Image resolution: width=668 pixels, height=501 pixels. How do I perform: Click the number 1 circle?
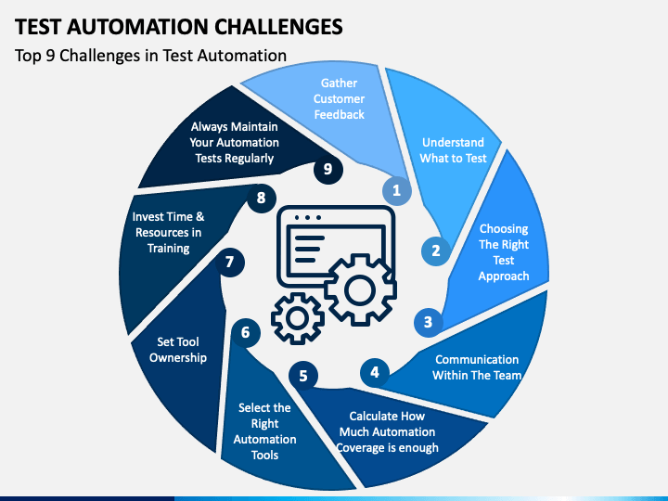click(x=397, y=190)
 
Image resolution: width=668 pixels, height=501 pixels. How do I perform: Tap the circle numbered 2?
click(x=436, y=250)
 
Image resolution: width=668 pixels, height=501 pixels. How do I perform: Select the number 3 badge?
click(x=428, y=322)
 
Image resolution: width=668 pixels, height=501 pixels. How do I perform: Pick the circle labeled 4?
click(x=375, y=372)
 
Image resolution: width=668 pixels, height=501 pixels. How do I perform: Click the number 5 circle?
click(x=303, y=376)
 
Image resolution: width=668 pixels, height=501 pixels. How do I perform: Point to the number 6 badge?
click(x=246, y=332)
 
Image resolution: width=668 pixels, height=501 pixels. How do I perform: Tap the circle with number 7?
click(x=230, y=262)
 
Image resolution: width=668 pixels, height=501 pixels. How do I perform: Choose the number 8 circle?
click(x=261, y=199)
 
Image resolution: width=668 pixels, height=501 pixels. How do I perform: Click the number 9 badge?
click(x=328, y=169)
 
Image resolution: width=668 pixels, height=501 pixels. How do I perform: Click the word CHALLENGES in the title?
click(x=278, y=27)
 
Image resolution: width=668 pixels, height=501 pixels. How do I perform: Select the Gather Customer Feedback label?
click(x=340, y=99)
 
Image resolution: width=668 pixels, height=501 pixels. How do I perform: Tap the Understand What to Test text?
click(x=453, y=150)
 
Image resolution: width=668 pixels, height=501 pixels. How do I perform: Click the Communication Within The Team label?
click(x=477, y=367)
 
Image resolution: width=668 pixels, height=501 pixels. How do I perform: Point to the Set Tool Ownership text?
click(x=178, y=350)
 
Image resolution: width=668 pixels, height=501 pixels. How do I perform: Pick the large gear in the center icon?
click(x=360, y=290)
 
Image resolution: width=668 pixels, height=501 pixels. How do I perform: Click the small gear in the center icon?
click(x=298, y=318)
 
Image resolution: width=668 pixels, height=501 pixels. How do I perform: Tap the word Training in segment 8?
click(x=168, y=249)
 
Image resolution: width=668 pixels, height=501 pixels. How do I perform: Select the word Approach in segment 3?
click(x=504, y=276)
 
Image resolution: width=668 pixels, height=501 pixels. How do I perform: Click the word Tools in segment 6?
click(x=264, y=455)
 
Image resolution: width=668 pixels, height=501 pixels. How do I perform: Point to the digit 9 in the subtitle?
click(x=51, y=56)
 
